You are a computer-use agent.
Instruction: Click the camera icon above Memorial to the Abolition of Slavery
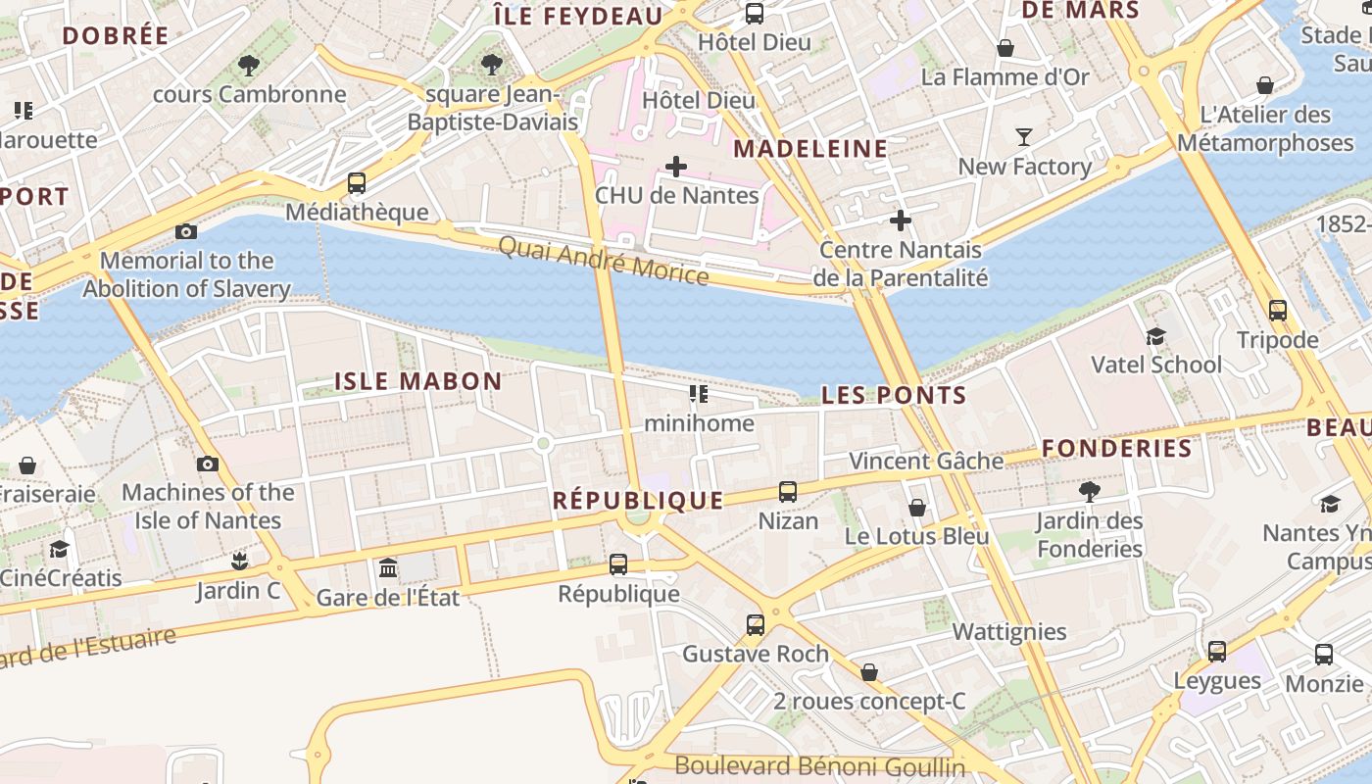[185, 231]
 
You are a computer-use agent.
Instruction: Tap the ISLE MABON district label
[418, 381]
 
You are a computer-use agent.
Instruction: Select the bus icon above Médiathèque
[357, 183]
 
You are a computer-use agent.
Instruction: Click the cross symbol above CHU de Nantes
[676, 167]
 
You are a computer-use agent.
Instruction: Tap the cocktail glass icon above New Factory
[1024, 137]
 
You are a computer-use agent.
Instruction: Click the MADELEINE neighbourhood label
[810, 149]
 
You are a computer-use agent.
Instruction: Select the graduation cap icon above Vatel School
[1155, 336]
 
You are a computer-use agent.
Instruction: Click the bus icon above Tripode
[1277, 311]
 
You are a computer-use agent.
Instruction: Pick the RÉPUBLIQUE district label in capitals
[638, 500]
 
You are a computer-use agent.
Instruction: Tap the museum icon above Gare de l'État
[388, 567]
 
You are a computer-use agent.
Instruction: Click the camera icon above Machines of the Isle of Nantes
[208, 464]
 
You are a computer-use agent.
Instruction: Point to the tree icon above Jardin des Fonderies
[1089, 492]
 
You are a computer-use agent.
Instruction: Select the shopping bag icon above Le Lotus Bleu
[916, 508]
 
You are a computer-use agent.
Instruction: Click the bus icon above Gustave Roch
[755, 625]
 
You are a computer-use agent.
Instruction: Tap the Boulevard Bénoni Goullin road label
[820, 766]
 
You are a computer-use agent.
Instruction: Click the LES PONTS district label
[894, 395]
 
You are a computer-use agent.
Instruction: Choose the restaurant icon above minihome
[698, 394]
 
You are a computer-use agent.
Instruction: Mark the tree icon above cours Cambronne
[249, 66]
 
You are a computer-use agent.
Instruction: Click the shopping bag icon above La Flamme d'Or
[1004, 48]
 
